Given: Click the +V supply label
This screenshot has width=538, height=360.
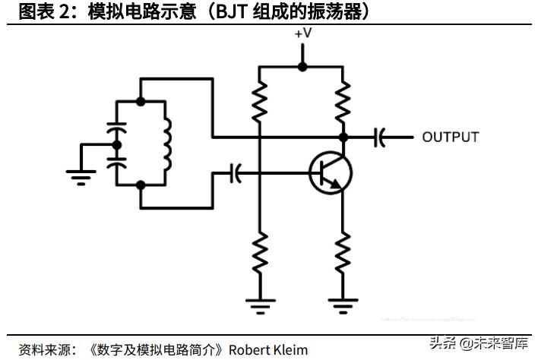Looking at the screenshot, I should (302, 33).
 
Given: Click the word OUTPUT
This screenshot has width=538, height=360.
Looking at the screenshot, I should (450, 137).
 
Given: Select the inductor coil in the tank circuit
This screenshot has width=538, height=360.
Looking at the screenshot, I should (165, 144).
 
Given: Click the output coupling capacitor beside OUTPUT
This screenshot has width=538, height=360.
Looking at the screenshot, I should (379, 137).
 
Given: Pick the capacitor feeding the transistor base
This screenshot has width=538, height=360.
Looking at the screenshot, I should (236, 174).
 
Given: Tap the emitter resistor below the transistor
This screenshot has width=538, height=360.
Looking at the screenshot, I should (343, 253).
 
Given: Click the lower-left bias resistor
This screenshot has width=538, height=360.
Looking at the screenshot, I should (259, 253).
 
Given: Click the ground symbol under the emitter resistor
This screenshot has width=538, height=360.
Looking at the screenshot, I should (343, 305).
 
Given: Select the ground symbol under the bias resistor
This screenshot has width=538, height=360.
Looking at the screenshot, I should (259, 305).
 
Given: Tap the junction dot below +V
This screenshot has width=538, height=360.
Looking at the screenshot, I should (302, 67).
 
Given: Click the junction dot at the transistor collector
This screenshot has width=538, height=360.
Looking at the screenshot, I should (343, 137).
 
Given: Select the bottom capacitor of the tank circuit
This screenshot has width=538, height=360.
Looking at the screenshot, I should (116, 161).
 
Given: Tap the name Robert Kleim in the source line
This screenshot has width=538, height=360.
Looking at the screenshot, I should (269, 349).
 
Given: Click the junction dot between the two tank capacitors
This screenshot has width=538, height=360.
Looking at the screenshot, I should (116, 144).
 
